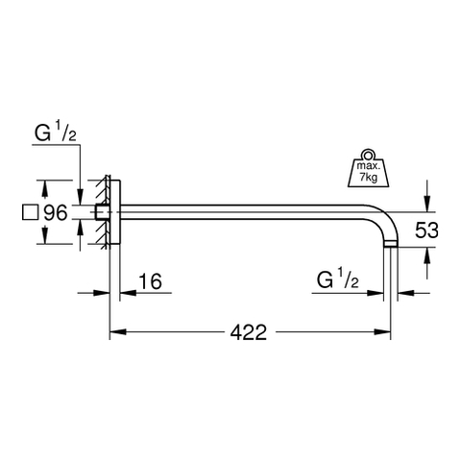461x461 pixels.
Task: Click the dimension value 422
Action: tap(249, 332)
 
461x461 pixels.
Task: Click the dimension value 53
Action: tap(426, 230)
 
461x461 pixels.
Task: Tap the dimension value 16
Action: tap(150, 281)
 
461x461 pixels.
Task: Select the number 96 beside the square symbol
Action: tap(56, 212)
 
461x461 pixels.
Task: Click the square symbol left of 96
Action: tap(31, 212)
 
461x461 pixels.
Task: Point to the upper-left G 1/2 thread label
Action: tap(56, 132)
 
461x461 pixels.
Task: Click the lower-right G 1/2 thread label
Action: tap(337, 279)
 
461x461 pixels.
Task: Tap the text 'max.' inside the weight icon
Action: tap(369, 166)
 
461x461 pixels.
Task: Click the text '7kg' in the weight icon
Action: tap(369, 177)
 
